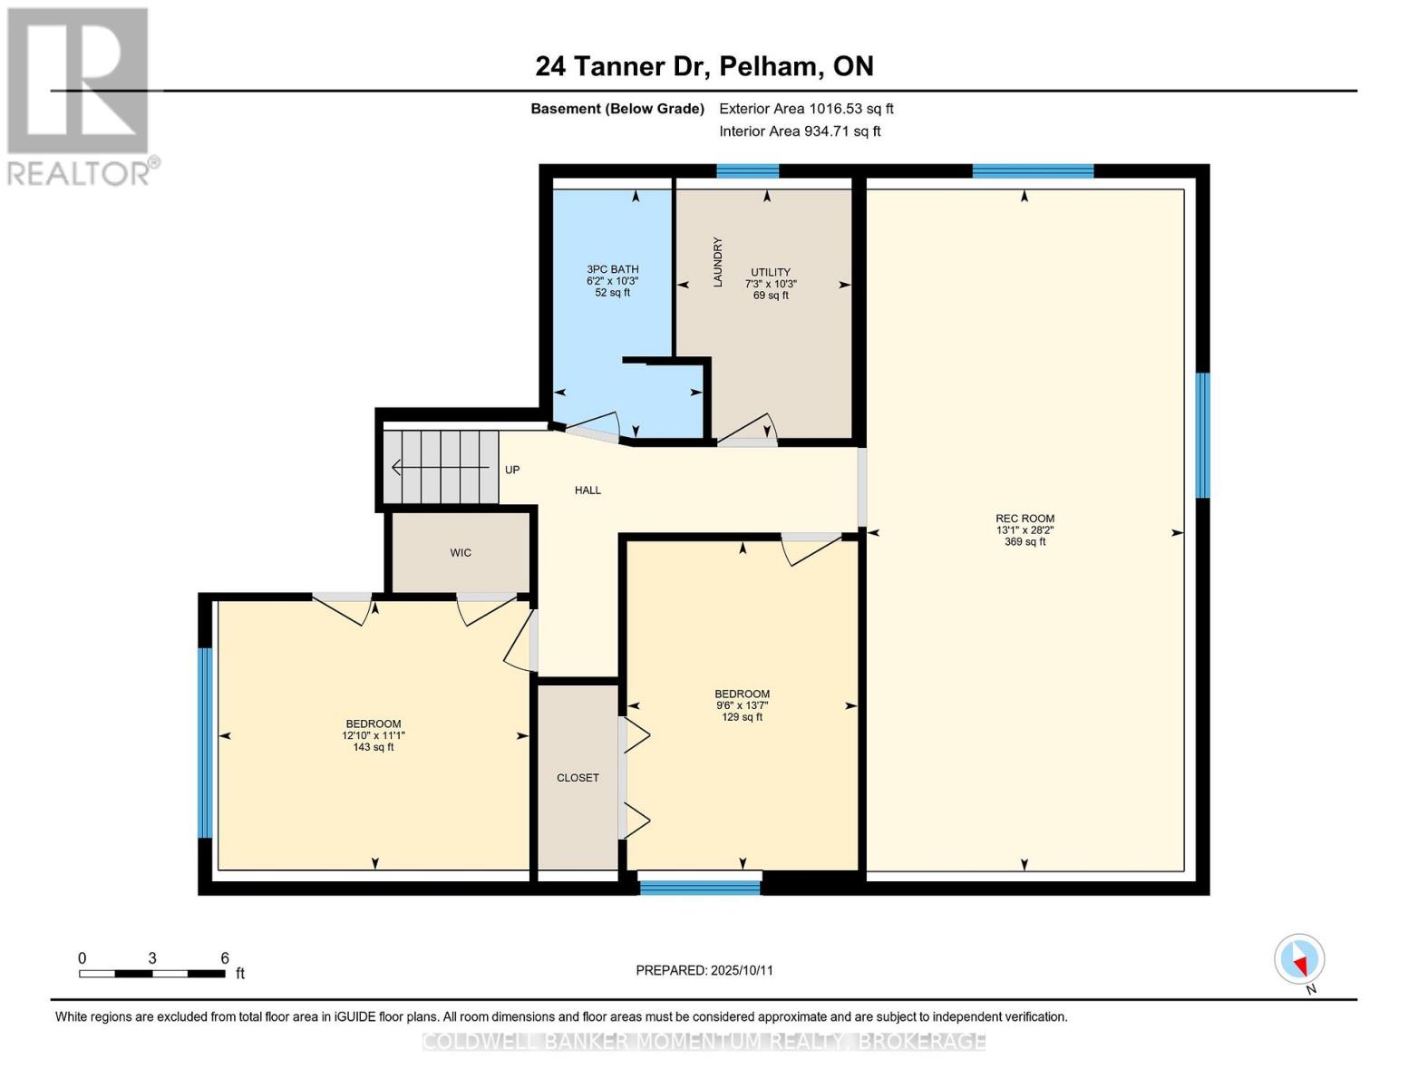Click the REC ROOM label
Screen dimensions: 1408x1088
coord(1024,519)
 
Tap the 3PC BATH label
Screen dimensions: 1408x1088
coord(612,269)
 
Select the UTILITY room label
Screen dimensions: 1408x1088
coord(771,272)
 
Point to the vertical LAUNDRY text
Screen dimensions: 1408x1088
coord(717,262)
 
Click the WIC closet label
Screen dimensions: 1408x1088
coord(461,553)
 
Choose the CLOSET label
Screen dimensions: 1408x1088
coord(578,778)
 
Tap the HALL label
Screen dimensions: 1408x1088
coord(587,491)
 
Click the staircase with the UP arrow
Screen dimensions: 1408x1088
coord(442,467)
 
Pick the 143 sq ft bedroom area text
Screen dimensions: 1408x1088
coord(374,747)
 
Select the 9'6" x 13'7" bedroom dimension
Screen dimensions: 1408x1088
coord(743,705)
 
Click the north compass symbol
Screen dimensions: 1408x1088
coord(1299,959)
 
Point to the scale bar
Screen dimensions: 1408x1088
coord(152,973)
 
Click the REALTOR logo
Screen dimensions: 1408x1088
coord(81,97)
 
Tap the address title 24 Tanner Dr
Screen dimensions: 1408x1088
coord(621,66)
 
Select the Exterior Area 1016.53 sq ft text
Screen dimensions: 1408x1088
coord(806,108)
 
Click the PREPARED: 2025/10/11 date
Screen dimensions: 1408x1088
coord(704,970)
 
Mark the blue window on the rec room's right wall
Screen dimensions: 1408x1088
coord(1202,435)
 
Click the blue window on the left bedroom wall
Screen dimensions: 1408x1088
coord(205,743)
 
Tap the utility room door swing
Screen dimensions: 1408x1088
coord(748,428)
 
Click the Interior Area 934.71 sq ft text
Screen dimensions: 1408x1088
coord(800,131)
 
